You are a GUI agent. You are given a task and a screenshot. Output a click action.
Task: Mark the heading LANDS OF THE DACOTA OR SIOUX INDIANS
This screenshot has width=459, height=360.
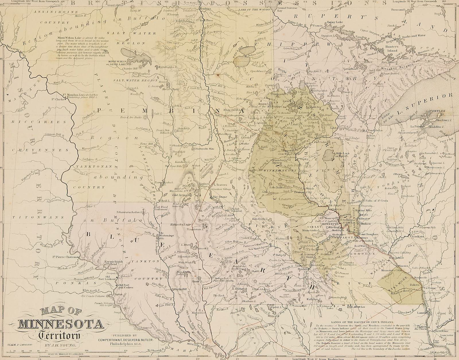pos(370,314)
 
